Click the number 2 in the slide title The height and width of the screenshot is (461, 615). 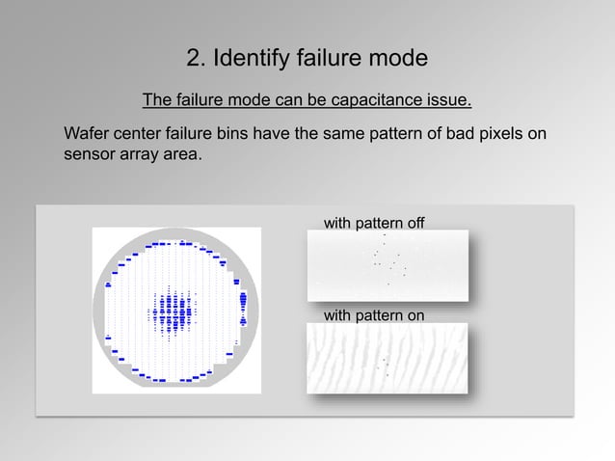pyautogui.click(x=193, y=59)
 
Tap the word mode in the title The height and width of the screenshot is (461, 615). pyautogui.click(x=395, y=59)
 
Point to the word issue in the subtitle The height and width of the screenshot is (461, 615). pyautogui.click(x=447, y=100)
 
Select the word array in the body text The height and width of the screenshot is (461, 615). pyautogui.click(x=140, y=153)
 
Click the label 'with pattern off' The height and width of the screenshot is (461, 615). pyautogui.click(x=374, y=224)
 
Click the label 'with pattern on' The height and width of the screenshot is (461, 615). pyautogui.click(x=374, y=314)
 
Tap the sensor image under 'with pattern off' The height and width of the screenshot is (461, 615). pyautogui.click(x=388, y=264)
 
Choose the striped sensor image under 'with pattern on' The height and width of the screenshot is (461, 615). pyautogui.click(x=388, y=358)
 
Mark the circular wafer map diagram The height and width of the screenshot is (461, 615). pyautogui.click(x=176, y=311)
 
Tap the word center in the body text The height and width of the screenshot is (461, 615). pyautogui.click(x=139, y=133)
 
